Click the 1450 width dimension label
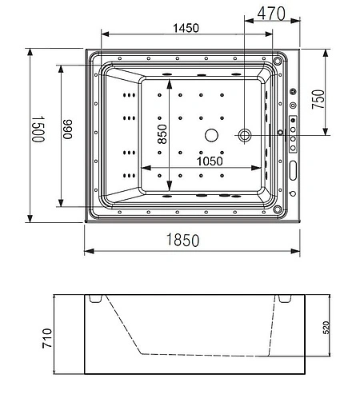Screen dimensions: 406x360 [x=186, y=27]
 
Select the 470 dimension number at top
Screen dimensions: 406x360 [x=272, y=13]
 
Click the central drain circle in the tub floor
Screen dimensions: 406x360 [x=211, y=135]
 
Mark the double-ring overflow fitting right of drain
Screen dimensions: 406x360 [x=245, y=135]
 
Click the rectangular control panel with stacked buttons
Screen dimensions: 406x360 [x=294, y=133]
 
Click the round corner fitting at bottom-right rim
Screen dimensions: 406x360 [x=279, y=210]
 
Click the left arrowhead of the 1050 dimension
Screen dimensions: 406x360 [x=144, y=168]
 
